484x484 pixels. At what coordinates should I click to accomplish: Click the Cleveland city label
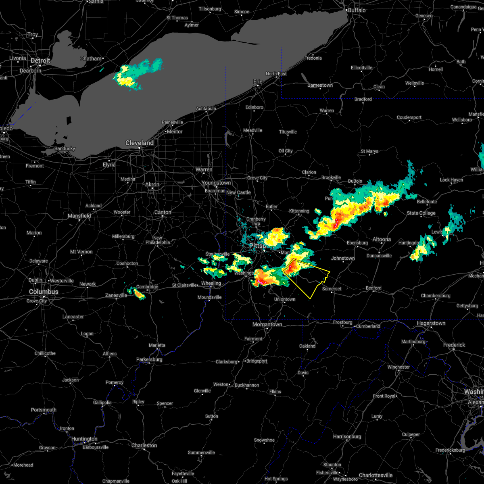(x=140, y=143)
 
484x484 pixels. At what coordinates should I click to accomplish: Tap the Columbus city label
(x=44, y=292)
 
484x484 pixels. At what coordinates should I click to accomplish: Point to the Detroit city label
(x=41, y=60)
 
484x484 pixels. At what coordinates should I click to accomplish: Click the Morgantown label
(x=267, y=324)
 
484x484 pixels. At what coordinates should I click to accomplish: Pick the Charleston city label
(x=144, y=445)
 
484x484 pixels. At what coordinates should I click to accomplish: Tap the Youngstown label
(x=217, y=183)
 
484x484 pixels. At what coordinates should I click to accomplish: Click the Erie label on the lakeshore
(x=258, y=81)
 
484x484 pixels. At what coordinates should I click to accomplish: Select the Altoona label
(x=382, y=239)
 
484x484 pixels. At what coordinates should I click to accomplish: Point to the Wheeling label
(x=211, y=283)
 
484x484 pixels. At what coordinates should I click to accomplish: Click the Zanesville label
(x=116, y=295)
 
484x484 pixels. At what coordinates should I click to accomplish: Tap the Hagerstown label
(x=431, y=323)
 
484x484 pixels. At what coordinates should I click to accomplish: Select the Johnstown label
(x=343, y=258)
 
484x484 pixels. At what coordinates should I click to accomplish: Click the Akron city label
(x=152, y=184)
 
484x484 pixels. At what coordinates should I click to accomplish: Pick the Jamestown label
(x=320, y=85)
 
